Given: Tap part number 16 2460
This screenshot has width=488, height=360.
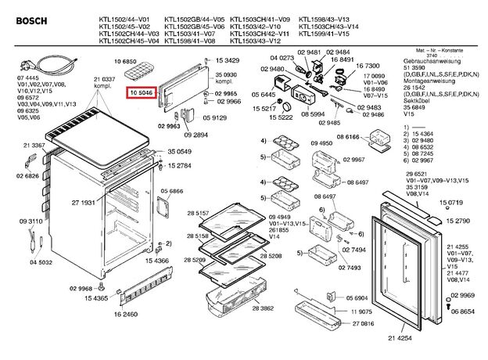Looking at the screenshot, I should (x=125, y=314).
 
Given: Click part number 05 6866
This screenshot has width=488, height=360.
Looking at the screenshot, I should (x=172, y=191).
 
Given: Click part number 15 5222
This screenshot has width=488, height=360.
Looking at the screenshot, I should (x=280, y=117).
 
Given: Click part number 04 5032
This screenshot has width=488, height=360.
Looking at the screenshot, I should (x=41, y=263).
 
